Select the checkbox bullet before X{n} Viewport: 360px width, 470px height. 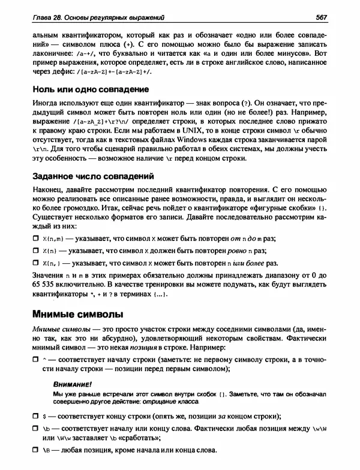(x=35, y=251)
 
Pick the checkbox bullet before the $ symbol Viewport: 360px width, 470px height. (x=35, y=416)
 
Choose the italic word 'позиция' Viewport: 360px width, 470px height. (x=172, y=347)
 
